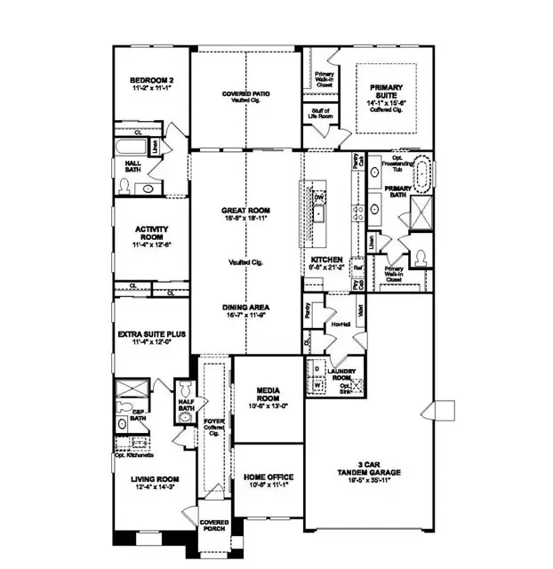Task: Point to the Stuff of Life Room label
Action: click(320, 114)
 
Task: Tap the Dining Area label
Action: click(245, 308)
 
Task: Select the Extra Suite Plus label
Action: click(151, 334)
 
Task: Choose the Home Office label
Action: click(268, 477)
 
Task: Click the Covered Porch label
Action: click(213, 525)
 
